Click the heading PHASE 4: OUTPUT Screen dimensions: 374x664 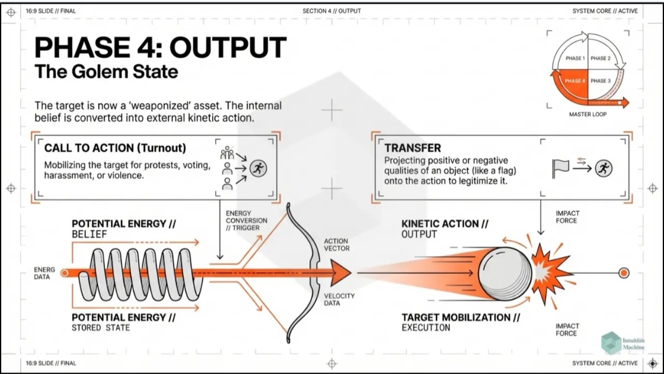160,48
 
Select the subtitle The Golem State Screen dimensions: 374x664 106,72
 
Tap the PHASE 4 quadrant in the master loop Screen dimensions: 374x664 575,81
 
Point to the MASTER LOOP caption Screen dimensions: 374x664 587,114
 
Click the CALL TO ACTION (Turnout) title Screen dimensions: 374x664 115,148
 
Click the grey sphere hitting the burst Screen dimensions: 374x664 505,271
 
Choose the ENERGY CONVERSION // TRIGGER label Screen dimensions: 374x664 247,220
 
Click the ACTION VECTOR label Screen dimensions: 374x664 336,244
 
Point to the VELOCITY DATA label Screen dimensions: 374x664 339,299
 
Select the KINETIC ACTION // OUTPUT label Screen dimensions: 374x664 445,228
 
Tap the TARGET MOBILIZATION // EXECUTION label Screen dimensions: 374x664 460,322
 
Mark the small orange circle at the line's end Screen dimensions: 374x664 623,273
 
